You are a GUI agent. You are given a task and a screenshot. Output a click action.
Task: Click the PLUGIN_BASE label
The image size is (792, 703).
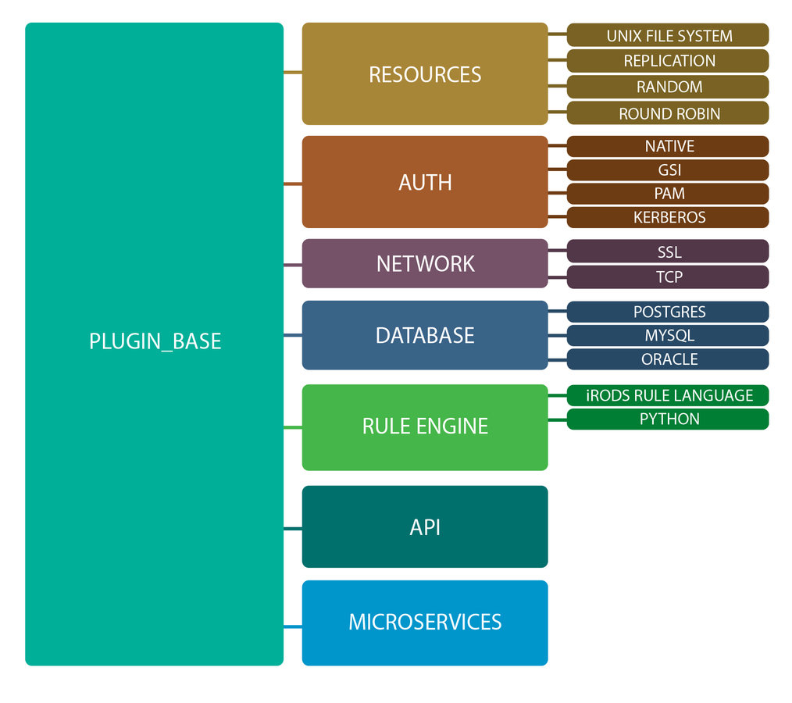click(x=155, y=341)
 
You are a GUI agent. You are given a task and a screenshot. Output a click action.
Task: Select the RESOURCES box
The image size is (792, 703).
click(x=425, y=74)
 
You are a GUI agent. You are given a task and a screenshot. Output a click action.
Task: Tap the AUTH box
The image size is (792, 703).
click(x=425, y=182)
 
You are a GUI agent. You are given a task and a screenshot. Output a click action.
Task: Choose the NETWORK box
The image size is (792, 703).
click(x=425, y=263)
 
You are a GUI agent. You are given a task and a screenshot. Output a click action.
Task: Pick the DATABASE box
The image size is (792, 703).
click(x=425, y=335)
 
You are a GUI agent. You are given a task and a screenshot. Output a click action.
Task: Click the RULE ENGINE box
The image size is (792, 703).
click(x=425, y=426)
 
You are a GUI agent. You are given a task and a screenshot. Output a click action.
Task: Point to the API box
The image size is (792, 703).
click(x=425, y=527)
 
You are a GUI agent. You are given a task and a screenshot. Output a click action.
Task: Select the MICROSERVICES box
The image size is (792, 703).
click(x=425, y=623)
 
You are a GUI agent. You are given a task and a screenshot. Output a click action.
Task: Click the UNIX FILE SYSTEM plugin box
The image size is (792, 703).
click(x=668, y=35)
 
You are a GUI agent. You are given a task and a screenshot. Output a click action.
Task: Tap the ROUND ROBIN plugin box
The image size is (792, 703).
click(x=668, y=113)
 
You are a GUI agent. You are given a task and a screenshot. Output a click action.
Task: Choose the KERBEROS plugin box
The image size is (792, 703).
click(x=668, y=217)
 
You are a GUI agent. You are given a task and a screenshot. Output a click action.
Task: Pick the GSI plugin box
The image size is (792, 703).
click(x=668, y=170)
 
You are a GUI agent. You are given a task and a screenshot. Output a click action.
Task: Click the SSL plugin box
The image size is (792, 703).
click(x=668, y=252)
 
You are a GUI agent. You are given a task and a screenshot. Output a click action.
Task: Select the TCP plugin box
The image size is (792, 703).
click(x=668, y=277)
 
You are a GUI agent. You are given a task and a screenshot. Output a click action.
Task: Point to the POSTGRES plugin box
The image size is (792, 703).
click(x=668, y=312)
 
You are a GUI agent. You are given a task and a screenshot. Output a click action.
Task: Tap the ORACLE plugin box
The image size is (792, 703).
click(x=668, y=359)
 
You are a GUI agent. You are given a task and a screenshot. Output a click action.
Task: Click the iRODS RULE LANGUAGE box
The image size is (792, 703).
click(x=668, y=395)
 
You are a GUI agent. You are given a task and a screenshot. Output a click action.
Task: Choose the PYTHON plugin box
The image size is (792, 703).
click(x=668, y=419)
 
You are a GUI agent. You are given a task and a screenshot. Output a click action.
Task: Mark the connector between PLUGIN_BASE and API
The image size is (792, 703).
click(x=293, y=529)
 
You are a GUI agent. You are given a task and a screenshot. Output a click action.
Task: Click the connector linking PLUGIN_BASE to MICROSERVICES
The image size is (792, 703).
click(x=293, y=626)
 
